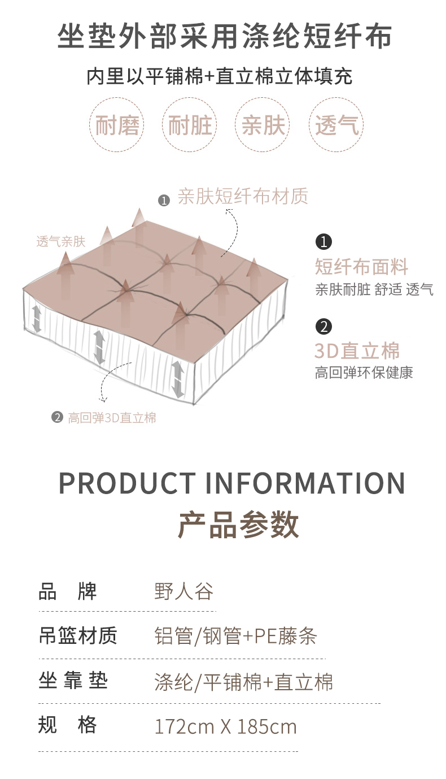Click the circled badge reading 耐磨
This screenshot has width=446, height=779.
[x=117, y=125]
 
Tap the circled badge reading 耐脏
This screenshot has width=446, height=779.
[x=190, y=125]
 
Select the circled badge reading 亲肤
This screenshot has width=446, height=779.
[x=263, y=125]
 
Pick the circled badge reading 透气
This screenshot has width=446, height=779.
[x=336, y=125]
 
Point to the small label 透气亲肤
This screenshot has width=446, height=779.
[x=60, y=241]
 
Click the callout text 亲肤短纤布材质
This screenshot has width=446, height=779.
[x=243, y=197]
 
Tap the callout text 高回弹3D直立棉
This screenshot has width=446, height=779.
[x=112, y=418]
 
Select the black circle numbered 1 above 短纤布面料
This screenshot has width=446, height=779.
[x=323, y=242]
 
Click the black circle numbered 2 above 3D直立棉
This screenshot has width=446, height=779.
[x=323, y=326]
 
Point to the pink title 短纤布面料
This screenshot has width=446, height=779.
[x=361, y=267]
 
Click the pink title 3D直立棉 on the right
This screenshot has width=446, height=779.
[x=357, y=351]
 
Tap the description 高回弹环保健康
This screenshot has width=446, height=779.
[x=364, y=373]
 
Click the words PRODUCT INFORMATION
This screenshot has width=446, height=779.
[x=232, y=483]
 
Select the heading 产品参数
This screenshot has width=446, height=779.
[x=238, y=525]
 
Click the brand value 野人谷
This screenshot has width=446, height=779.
[x=184, y=592]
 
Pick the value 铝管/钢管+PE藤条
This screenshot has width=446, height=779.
[x=235, y=637]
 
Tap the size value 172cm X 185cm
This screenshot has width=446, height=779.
[x=225, y=726]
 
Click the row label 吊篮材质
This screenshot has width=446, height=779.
[x=78, y=635]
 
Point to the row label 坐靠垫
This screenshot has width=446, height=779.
[x=73, y=681]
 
